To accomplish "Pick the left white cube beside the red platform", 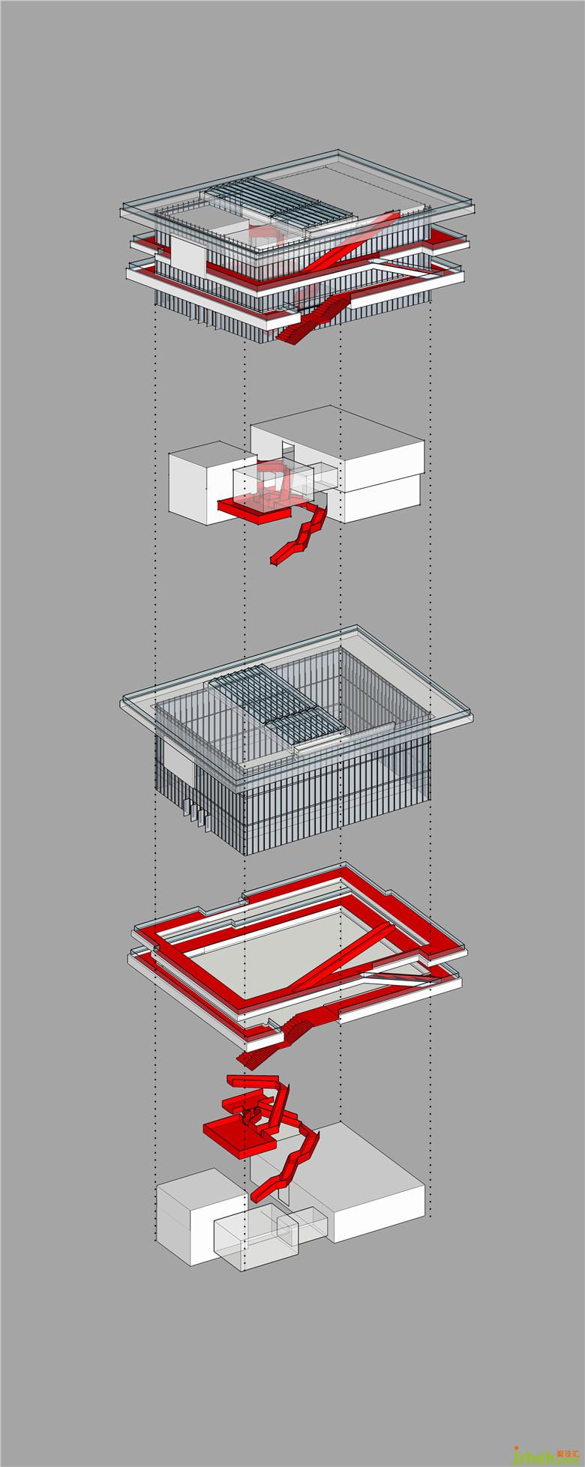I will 195,480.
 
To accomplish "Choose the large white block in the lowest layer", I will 375,1192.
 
